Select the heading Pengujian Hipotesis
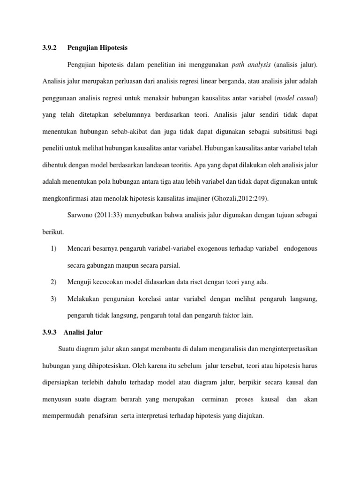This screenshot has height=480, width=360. pyautogui.click(x=97, y=48)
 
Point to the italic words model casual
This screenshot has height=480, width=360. pyautogui.click(x=298, y=97)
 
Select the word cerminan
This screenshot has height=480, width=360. pyautogui.click(x=215, y=399)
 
